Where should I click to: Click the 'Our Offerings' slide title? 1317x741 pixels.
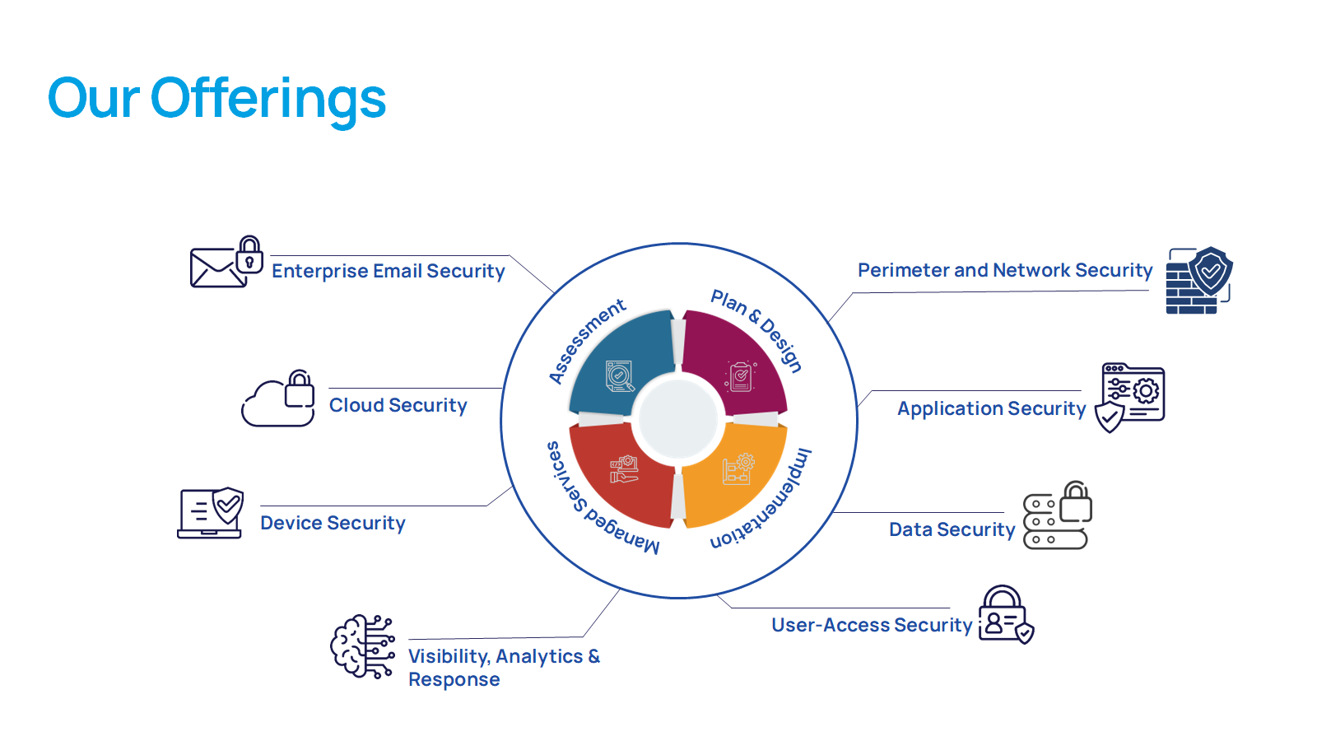tap(216, 99)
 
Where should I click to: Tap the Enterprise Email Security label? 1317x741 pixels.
tap(388, 271)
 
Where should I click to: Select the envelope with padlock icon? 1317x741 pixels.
tap(226, 263)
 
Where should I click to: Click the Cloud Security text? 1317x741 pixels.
tap(398, 405)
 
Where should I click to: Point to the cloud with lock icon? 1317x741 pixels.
tap(279, 399)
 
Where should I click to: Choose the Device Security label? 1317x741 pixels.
tap(333, 523)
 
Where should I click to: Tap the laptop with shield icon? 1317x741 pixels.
tap(211, 513)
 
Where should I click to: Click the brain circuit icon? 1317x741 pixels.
tap(362, 646)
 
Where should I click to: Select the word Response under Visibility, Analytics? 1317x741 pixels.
tap(454, 680)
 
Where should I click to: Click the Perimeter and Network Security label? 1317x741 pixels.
tap(1004, 270)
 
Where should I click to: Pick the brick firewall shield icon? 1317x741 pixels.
tap(1198, 281)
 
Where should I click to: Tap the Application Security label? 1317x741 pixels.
tap(991, 408)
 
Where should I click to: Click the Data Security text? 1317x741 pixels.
tap(952, 529)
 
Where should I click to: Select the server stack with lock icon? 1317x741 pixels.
tap(1057, 516)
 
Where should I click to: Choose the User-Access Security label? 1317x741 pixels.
tap(872, 625)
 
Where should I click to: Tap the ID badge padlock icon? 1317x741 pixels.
tap(1005, 615)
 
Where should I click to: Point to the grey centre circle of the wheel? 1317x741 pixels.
tap(678, 417)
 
